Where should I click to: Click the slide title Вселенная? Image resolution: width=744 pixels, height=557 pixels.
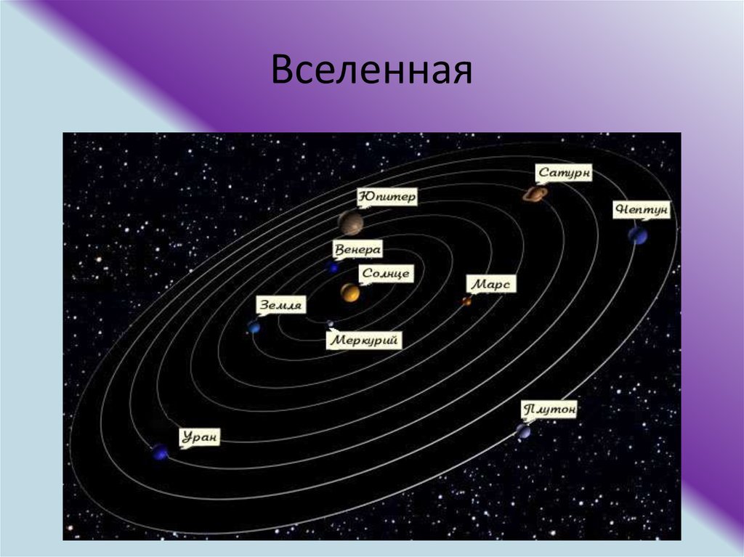[x=371, y=70]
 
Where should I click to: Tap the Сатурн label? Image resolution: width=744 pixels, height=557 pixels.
[x=564, y=173]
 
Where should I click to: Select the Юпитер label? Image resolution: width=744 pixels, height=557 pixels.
[x=387, y=197]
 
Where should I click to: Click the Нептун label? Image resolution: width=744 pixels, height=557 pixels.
[x=642, y=210]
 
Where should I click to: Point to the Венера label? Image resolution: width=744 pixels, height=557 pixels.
[x=357, y=250]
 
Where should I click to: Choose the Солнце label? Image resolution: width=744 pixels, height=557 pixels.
[x=386, y=274]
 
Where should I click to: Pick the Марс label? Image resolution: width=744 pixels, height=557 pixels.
[x=491, y=284]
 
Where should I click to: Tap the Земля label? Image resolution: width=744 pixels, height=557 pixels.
[x=281, y=306]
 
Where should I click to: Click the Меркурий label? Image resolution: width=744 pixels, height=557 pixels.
[x=364, y=340]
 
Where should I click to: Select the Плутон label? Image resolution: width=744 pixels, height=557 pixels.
[x=549, y=410]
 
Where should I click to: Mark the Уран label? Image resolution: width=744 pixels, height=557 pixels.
[x=200, y=436]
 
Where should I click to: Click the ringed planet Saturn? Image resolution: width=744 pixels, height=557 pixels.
[x=535, y=194]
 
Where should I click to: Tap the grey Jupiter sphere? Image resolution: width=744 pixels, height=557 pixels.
[x=351, y=223]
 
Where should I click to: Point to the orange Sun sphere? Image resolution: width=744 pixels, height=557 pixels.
[x=349, y=293]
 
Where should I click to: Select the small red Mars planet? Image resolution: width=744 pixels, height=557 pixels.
[x=467, y=301]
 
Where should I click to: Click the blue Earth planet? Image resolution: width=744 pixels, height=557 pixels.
[x=254, y=327]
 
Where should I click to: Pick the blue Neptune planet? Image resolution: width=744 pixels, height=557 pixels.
[x=638, y=235]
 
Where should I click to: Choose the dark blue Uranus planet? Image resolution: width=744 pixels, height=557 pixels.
[x=160, y=452]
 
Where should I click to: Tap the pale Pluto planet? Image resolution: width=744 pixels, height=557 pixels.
[x=523, y=431]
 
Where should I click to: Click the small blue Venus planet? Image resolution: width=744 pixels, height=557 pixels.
[x=333, y=268]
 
